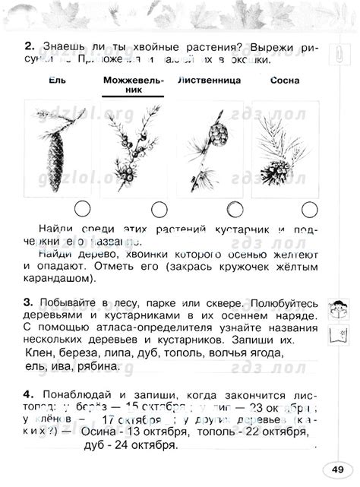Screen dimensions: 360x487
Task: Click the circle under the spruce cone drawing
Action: [84, 208]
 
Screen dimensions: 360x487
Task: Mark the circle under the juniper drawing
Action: [159, 208]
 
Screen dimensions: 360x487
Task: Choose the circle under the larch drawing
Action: [234, 208]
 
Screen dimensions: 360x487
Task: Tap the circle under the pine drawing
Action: [308, 208]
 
